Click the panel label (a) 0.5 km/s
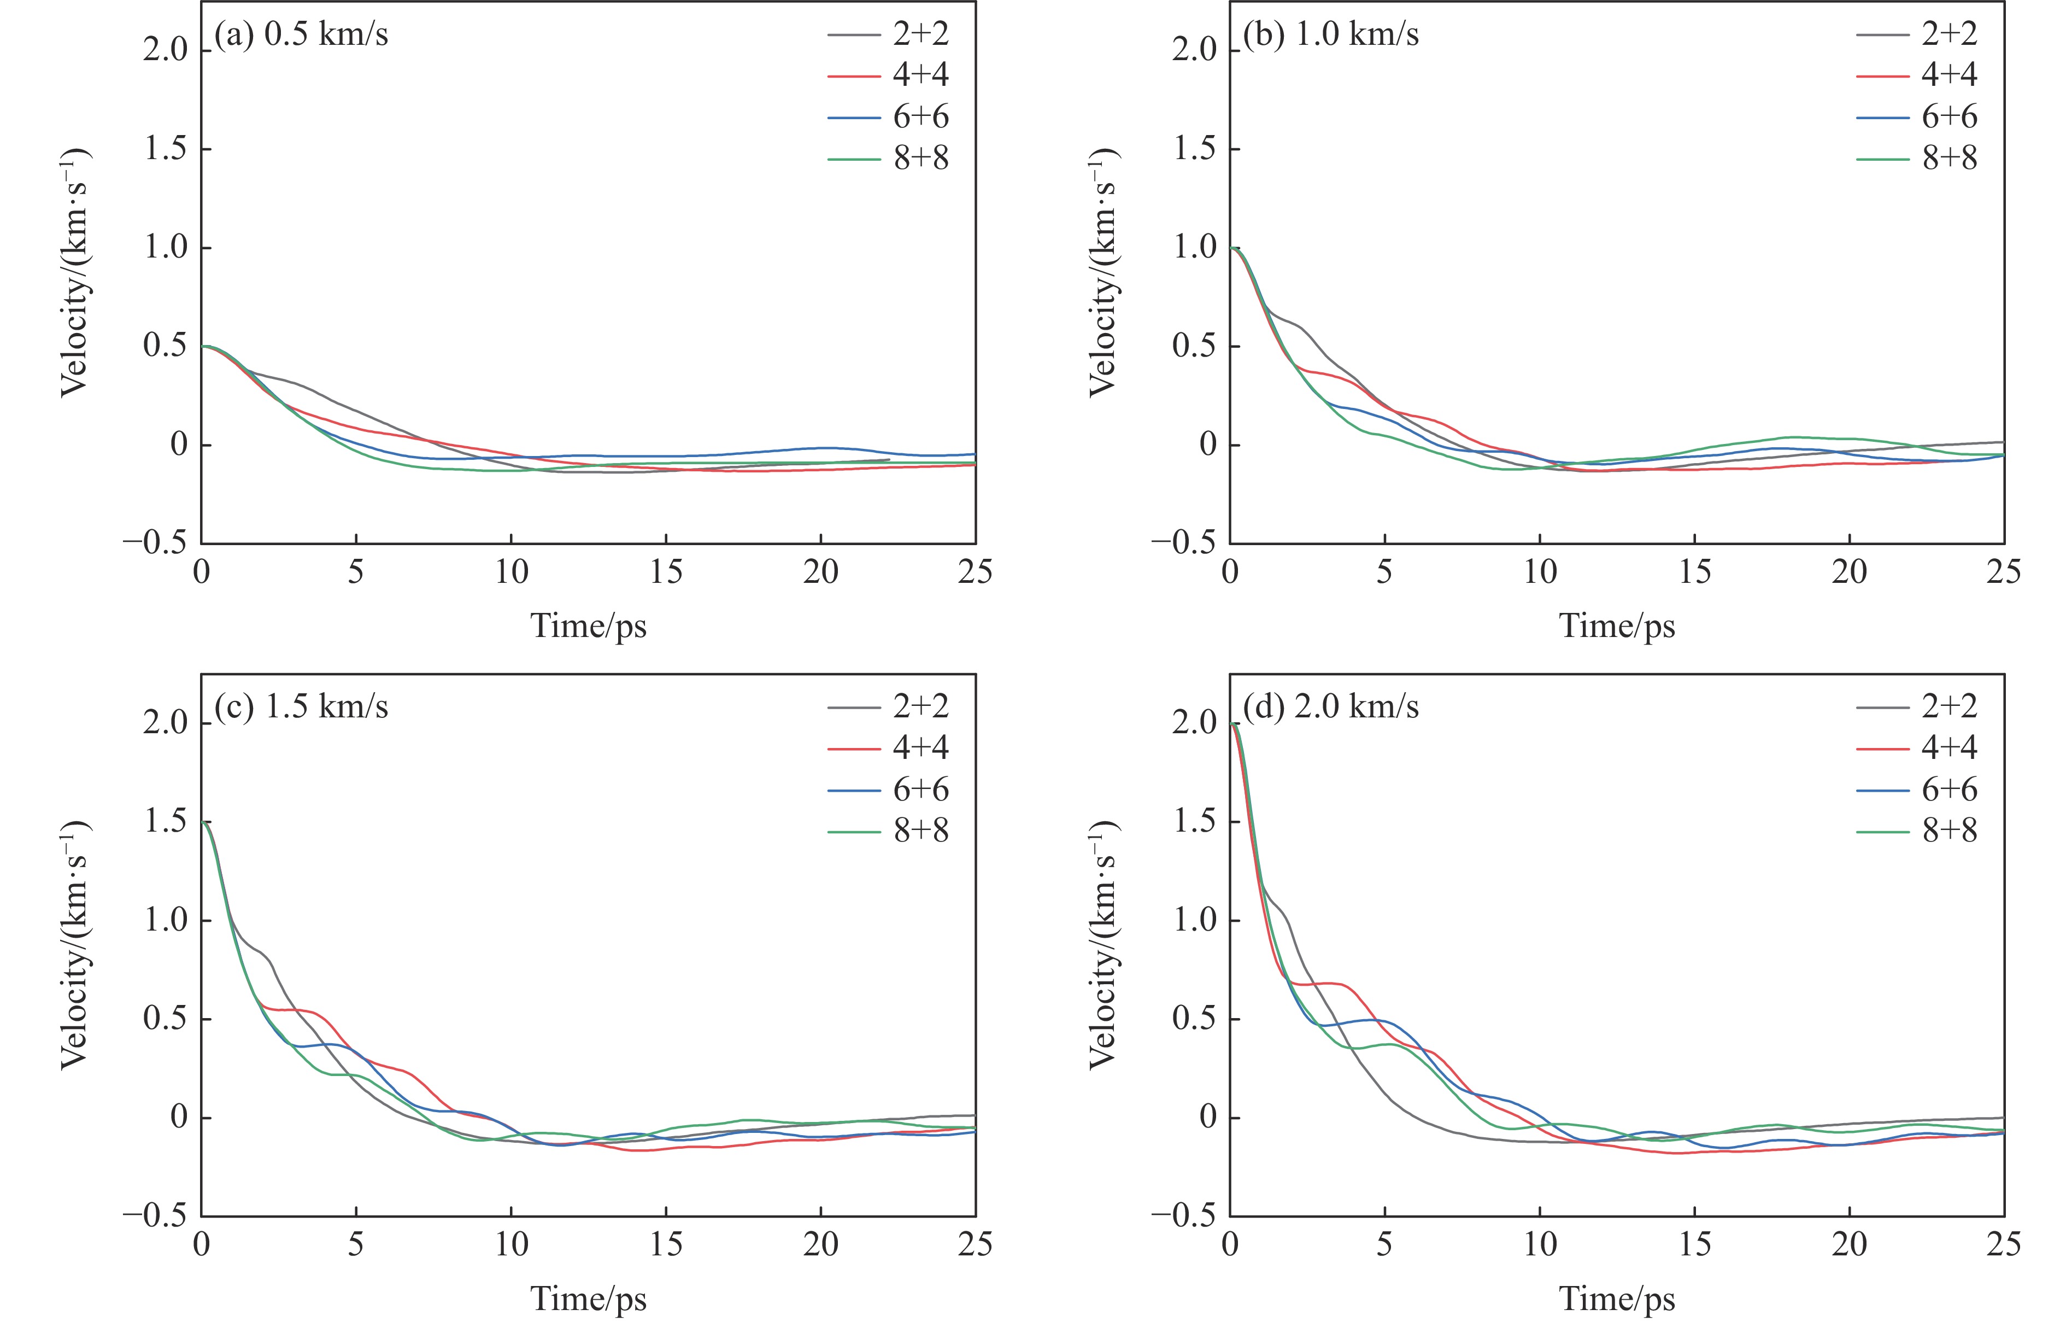(x=301, y=34)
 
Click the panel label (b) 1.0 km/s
(x=1331, y=34)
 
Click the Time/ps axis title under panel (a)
(x=589, y=625)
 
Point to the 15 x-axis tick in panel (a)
(x=666, y=572)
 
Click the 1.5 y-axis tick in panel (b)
(x=1194, y=149)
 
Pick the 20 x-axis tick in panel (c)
(x=820, y=1244)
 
